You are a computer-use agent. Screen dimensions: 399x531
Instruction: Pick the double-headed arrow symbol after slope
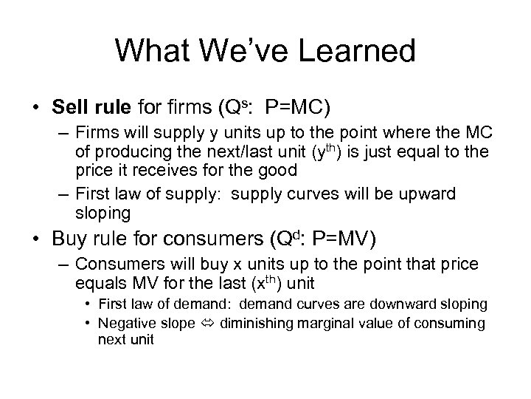[x=210, y=324]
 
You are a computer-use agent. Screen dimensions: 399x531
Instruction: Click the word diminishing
[x=255, y=324]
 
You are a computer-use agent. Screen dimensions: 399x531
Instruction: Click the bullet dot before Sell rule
[x=37, y=109]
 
